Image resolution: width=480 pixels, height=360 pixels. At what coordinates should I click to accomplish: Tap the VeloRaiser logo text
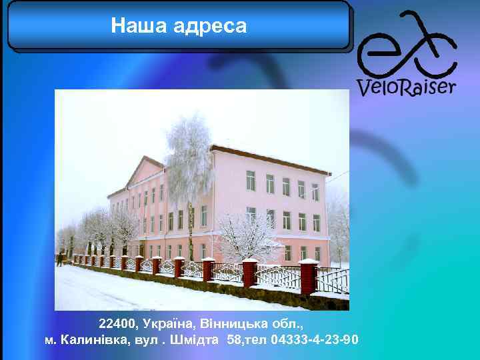(x=406, y=87)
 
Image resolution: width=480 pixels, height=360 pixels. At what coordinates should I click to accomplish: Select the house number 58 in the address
(x=235, y=340)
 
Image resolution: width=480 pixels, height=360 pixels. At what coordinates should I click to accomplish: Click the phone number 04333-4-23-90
(x=315, y=340)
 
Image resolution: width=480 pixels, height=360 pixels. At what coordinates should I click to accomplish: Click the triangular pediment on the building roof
(x=143, y=171)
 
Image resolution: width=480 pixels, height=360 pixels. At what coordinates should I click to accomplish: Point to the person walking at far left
(x=60, y=259)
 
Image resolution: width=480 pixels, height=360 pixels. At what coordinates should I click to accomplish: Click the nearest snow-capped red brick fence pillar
(x=308, y=279)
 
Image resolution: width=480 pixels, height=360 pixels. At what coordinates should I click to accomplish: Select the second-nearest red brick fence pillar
(x=250, y=273)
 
